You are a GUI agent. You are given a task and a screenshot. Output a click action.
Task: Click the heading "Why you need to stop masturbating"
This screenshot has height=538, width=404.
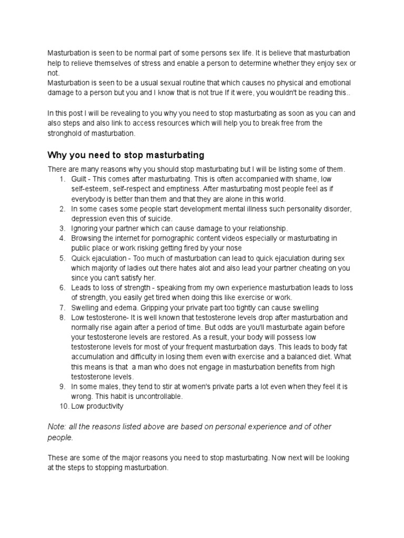(126, 156)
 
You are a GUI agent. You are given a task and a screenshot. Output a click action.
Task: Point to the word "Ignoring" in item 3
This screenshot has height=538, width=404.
(85, 229)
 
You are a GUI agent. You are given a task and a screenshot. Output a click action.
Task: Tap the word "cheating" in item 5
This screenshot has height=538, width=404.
(307, 268)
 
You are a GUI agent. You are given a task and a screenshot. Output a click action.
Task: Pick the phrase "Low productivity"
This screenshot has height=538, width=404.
(98, 406)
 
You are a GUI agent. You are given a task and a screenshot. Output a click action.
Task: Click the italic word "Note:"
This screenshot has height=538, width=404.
(58, 427)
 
